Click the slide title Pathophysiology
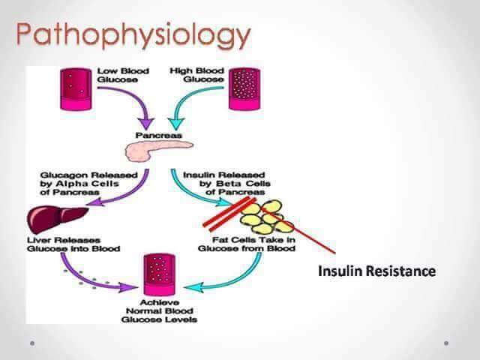pyautogui.click(x=134, y=34)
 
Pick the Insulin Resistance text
pyautogui.click(x=376, y=271)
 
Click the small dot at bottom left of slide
pyautogui.click(x=31, y=343)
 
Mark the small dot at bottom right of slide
pyautogui.click(x=446, y=343)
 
